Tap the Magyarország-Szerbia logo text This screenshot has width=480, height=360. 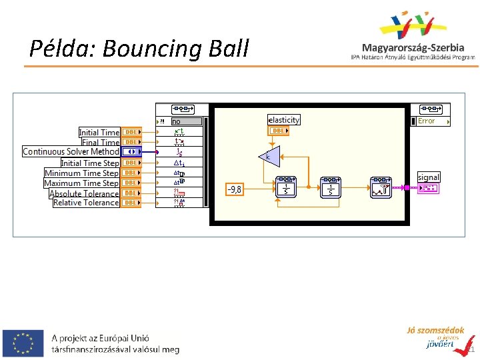(x=413, y=47)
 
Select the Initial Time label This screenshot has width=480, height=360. (x=99, y=132)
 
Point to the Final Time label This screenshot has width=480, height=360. (x=100, y=142)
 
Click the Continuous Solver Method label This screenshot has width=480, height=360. (x=71, y=152)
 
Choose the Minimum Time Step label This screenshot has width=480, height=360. (x=81, y=173)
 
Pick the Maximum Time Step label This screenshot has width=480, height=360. (x=81, y=183)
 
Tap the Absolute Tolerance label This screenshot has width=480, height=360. (x=84, y=193)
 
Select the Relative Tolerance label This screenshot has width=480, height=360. (x=86, y=203)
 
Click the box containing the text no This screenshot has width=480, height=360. (x=186, y=121)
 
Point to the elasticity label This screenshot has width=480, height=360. (x=284, y=120)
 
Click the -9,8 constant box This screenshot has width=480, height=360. (x=235, y=189)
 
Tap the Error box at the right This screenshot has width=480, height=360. (x=432, y=121)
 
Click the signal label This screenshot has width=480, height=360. (x=429, y=177)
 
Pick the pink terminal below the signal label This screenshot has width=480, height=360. (x=428, y=189)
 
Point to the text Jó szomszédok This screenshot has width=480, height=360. (x=435, y=331)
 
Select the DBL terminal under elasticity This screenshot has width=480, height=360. (x=278, y=131)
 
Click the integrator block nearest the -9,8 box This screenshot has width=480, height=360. (x=286, y=187)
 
